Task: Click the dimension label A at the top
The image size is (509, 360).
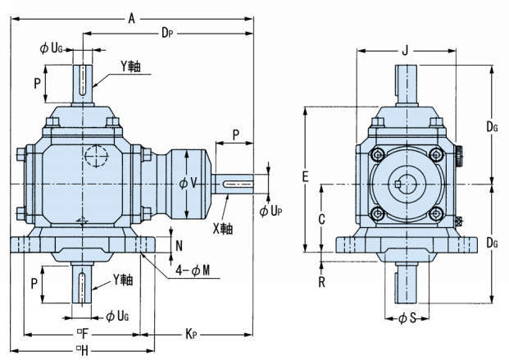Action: (131, 17)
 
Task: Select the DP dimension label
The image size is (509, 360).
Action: (166, 34)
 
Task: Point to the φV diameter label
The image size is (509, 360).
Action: (188, 182)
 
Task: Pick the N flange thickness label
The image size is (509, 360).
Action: (180, 244)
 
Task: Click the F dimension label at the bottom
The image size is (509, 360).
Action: (83, 335)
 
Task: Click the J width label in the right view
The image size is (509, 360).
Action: (404, 52)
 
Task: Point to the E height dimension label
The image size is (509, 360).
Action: (304, 176)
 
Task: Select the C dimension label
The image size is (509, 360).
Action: (322, 218)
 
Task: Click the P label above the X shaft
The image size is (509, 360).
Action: (235, 133)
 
